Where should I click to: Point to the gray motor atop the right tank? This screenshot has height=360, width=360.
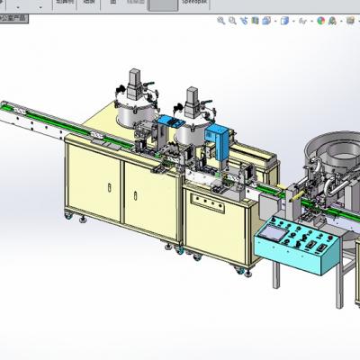(193, 100)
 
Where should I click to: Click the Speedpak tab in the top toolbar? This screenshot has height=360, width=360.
(194, 4)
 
